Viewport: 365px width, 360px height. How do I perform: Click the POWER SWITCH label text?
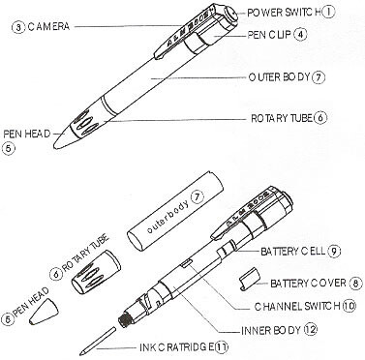click(284, 13)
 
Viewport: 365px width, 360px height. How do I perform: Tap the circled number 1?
click(328, 13)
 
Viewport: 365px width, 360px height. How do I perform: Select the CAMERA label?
click(48, 26)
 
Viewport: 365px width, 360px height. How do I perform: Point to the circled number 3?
click(18, 27)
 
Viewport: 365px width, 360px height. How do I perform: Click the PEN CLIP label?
click(269, 35)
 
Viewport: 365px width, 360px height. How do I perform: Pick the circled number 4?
click(300, 35)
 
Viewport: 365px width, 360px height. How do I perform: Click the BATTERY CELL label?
click(292, 251)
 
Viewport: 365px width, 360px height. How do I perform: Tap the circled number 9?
click(334, 251)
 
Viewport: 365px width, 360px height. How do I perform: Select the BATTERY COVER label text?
click(308, 284)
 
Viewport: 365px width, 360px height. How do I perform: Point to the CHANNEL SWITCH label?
click(297, 306)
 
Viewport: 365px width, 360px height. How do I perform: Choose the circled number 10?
click(349, 306)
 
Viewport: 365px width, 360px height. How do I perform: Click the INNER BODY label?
click(271, 330)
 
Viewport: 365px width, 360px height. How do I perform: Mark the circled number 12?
click(311, 330)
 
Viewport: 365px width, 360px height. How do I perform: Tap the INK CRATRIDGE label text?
click(176, 347)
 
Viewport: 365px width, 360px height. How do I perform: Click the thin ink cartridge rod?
click(98, 342)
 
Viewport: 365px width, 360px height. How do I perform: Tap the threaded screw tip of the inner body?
click(124, 320)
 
